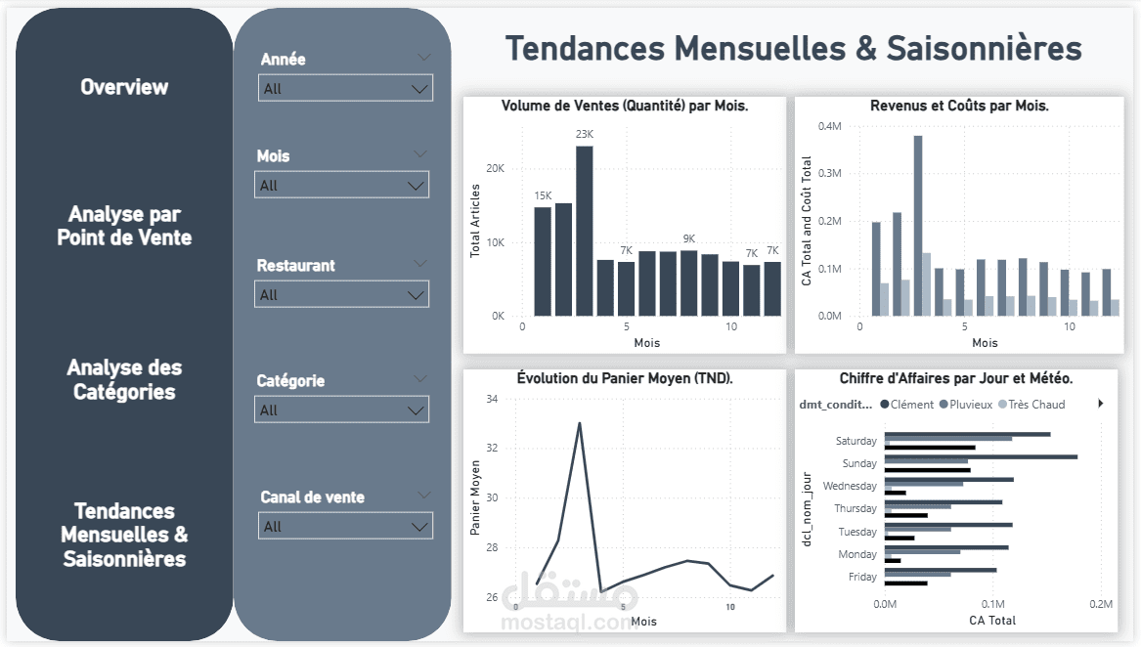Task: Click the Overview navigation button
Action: coord(124,87)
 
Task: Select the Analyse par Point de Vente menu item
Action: coord(124,226)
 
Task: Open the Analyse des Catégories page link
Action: coord(124,380)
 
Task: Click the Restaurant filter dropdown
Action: coord(341,294)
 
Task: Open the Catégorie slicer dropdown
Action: coord(341,410)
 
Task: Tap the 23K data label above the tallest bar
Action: coord(585,135)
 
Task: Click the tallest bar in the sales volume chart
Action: coord(585,231)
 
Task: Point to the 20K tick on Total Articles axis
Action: coord(495,168)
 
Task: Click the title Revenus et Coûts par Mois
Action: coord(959,106)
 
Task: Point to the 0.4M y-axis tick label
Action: coord(829,126)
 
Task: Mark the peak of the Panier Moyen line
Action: coord(580,423)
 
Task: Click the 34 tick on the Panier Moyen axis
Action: coord(491,399)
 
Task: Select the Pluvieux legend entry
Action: coord(966,404)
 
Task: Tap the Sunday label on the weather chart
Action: coord(859,463)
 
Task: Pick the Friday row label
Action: coord(862,577)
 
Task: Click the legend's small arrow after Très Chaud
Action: coord(1101,403)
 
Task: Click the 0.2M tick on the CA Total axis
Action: coord(1101,604)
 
